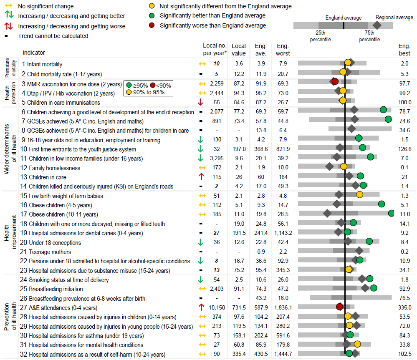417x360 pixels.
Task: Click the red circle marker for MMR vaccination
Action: (334, 81)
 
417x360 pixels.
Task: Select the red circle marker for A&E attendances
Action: (340, 307)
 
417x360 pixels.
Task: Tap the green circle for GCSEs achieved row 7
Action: (388, 119)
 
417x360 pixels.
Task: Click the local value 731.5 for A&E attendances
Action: (239, 308)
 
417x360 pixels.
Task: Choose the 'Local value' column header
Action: (239, 50)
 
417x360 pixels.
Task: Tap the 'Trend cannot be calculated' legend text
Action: (53, 36)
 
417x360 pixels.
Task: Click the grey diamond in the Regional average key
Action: (377, 25)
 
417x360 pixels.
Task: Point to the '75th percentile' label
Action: (369, 36)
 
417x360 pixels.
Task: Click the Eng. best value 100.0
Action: (404, 102)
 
